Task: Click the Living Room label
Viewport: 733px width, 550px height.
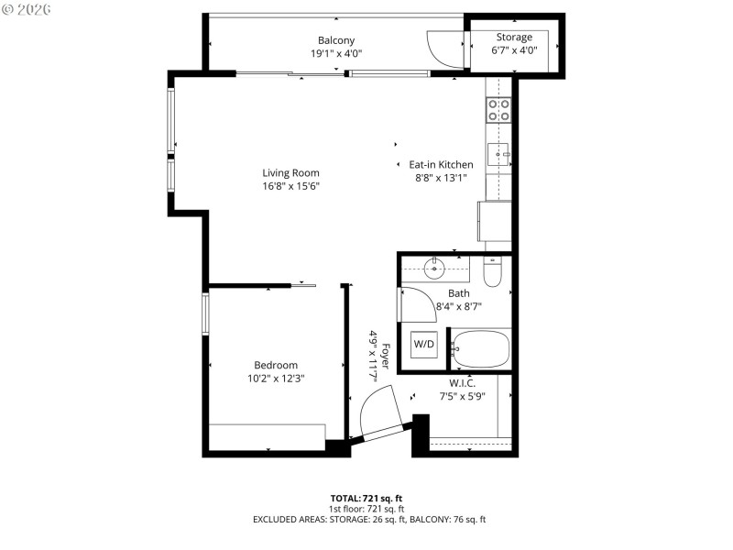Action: [x=290, y=172]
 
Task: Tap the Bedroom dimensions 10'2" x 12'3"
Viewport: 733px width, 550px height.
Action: [x=275, y=378]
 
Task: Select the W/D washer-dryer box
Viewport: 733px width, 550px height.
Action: [x=424, y=345]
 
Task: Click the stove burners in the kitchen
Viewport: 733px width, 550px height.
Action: [x=498, y=111]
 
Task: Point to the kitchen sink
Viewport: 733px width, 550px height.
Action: [x=498, y=153]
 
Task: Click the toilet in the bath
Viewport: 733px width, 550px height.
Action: [x=492, y=272]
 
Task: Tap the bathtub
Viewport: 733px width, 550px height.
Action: [x=480, y=349]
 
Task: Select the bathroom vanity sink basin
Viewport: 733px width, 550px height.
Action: [x=434, y=269]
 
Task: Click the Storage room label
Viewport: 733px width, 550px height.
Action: [x=514, y=38]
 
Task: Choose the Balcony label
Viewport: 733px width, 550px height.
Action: [x=336, y=40]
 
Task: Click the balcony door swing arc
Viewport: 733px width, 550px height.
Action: [x=444, y=50]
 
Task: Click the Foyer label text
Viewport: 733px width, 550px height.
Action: [x=386, y=356]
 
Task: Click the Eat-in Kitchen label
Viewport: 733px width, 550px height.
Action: [x=441, y=165]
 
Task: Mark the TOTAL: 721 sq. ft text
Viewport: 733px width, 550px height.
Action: [x=366, y=498]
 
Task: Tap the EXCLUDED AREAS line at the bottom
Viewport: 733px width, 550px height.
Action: [x=369, y=520]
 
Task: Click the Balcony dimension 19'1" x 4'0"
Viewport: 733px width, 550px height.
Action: [x=336, y=53]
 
